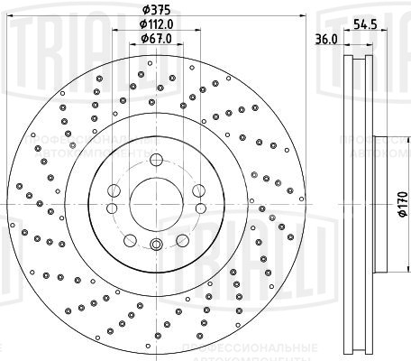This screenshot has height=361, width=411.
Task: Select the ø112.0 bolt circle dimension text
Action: point(155,24)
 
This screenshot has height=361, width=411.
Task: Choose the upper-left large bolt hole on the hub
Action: point(114,190)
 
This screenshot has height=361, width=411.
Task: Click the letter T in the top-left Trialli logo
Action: point(10,27)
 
